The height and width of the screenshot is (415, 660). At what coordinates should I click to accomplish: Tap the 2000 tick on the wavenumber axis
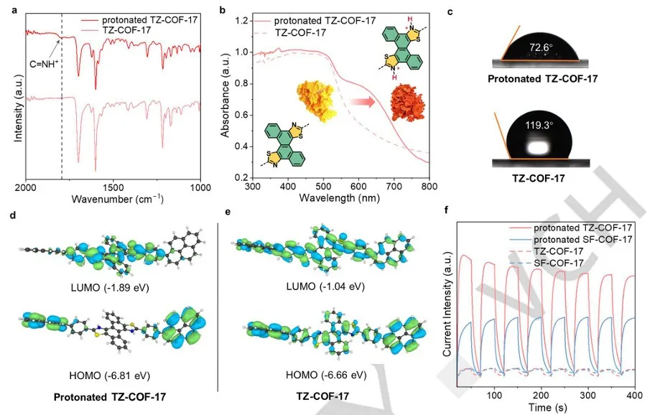tap(27, 187)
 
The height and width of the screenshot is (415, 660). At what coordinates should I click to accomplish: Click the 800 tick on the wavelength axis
tap(429, 187)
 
